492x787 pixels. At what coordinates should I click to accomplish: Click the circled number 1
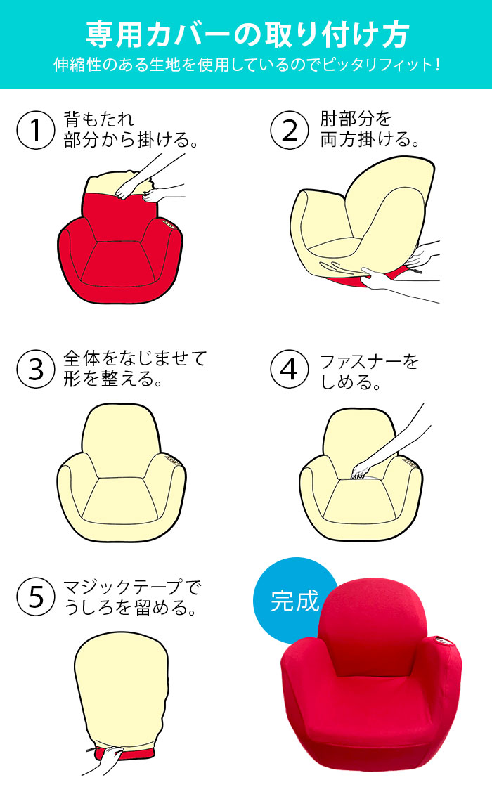(x=36, y=130)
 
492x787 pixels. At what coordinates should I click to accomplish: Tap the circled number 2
(x=290, y=130)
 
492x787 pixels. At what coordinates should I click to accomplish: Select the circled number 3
(x=36, y=370)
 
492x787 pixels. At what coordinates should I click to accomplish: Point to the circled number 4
(x=290, y=370)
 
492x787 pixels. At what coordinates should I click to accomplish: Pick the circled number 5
(x=36, y=597)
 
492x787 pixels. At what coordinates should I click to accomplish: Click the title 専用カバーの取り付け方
(x=247, y=34)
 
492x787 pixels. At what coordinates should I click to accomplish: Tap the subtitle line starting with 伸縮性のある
(x=247, y=65)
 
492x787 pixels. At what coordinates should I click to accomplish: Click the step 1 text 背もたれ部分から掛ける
(x=131, y=129)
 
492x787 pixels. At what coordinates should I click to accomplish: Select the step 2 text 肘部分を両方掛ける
(x=370, y=129)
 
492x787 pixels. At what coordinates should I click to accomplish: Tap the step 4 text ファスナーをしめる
(x=369, y=372)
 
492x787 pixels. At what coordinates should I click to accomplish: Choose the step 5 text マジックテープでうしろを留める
(x=131, y=597)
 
